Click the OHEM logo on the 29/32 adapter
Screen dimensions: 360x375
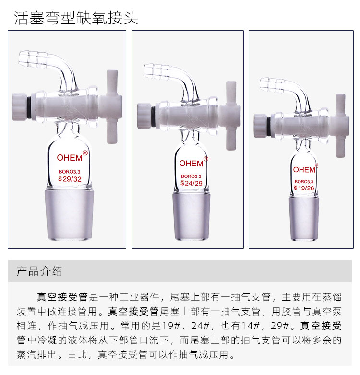[x=70, y=158]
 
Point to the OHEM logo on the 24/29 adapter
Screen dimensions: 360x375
[x=191, y=164]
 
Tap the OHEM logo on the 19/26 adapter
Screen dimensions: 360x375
[x=304, y=170]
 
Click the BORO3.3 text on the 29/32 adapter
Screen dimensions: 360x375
[x=70, y=172]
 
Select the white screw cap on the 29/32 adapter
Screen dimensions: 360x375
[x=19, y=106]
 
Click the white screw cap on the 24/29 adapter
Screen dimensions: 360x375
[x=144, y=116]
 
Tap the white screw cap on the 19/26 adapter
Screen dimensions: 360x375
[x=260, y=126]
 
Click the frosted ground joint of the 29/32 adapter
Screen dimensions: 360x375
[x=69, y=214]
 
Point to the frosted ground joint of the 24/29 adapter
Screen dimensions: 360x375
[x=191, y=216]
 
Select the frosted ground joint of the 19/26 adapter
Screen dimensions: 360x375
[x=304, y=218]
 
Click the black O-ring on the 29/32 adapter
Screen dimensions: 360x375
[x=29, y=106]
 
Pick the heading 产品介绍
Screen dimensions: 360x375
[x=39, y=271]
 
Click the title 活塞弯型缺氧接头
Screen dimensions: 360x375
[x=76, y=18]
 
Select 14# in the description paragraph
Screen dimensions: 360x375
[x=251, y=326]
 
